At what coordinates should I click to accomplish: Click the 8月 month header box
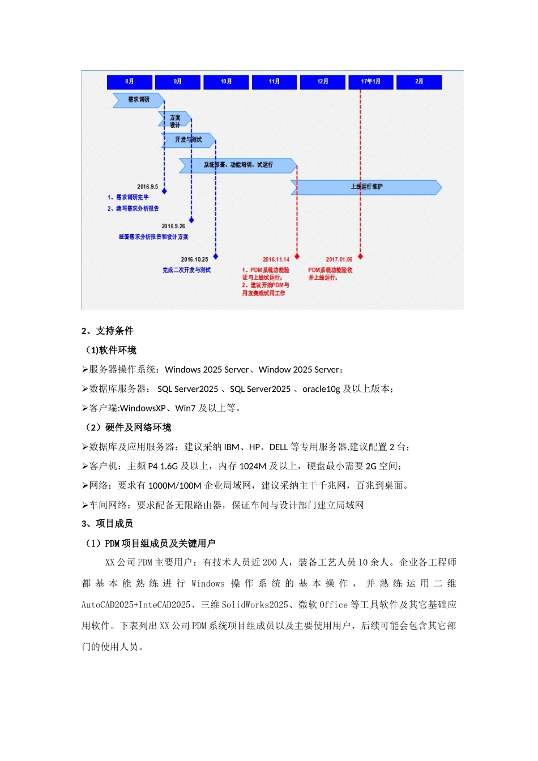(x=129, y=82)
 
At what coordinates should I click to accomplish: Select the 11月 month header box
(x=274, y=82)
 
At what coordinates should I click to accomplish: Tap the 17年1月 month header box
(x=370, y=82)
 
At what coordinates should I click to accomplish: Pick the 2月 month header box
(x=419, y=82)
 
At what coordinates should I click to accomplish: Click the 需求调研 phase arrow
(x=138, y=100)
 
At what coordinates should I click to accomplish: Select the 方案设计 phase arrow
(x=174, y=121)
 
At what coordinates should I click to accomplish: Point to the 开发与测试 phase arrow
(x=188, y=139)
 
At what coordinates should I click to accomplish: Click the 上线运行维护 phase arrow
(x=366, y=186)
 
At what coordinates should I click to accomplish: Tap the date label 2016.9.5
(x=147, y=186)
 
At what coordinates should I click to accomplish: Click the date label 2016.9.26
(x=173, y=226)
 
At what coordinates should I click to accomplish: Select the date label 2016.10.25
(x=194, y=259)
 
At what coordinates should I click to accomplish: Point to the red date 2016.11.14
(x=276, y=259)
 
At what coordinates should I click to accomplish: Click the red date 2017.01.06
(x=339, y=259)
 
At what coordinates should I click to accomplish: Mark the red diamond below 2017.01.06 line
(x=360, y=257)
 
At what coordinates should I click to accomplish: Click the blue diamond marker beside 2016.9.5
(x=164, y=191)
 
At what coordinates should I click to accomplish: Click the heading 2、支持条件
(x=107, y=331)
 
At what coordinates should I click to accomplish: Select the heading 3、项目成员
(x=107, y=524)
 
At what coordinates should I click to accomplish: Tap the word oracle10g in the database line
(x=321, y=389)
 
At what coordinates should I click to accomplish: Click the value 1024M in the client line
(x=253, y=466)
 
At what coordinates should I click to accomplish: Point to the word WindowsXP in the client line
(x=143, y=408)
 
